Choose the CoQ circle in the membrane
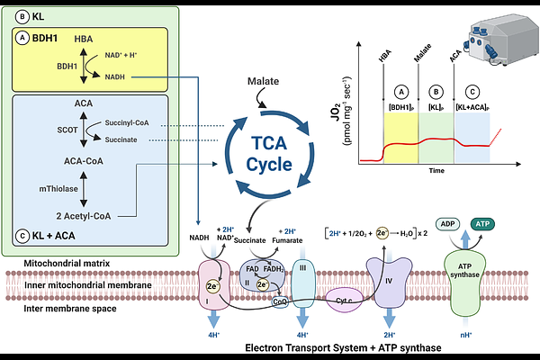click(280, 302)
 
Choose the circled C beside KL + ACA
click(22, 236)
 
